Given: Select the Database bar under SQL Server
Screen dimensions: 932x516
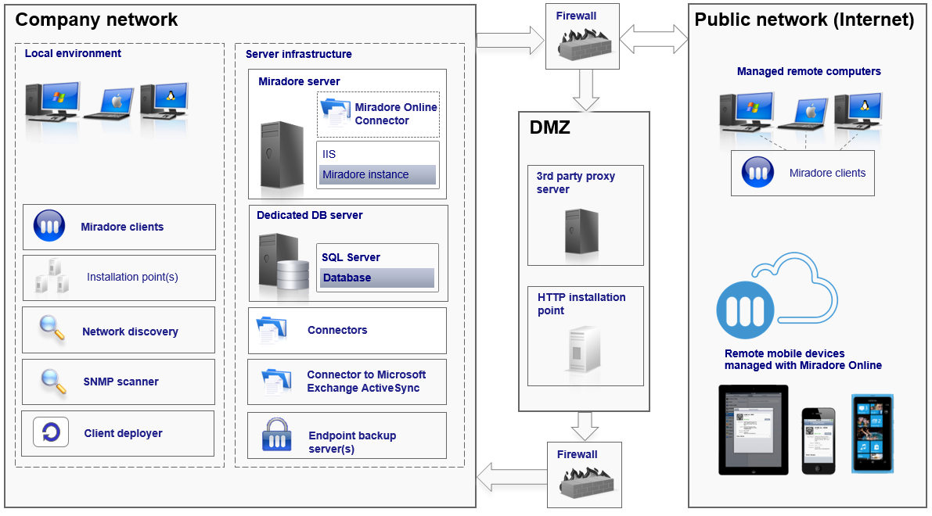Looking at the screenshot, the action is tap(377, 278).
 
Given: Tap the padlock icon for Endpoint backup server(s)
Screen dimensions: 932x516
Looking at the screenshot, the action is tap(276, 435).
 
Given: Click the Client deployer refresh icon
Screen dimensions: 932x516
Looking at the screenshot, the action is tap(51, 432).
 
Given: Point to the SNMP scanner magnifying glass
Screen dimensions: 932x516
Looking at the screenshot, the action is tap(53, 382).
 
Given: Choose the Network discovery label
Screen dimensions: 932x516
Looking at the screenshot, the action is tap(130, 331).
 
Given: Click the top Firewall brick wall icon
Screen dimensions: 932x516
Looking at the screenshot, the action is tap(585, 44).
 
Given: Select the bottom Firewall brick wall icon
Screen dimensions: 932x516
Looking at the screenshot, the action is tap(586, 482).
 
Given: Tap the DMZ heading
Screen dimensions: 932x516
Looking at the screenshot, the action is tap(550, 127).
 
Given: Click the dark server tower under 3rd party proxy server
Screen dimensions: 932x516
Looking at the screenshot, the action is tap(581, 231).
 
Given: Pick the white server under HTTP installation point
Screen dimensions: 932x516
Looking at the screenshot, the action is tap(584, 349).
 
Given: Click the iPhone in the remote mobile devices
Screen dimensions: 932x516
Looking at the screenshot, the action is tap(819, 441).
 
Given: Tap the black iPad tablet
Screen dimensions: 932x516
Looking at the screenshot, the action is tap(753, 430).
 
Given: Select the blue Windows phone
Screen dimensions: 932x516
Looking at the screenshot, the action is tap(873, 433).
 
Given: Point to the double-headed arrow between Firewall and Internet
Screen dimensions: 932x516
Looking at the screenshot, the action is tap(654, 39).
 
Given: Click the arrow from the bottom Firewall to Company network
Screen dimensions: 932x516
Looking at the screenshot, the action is tap(512, 477).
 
